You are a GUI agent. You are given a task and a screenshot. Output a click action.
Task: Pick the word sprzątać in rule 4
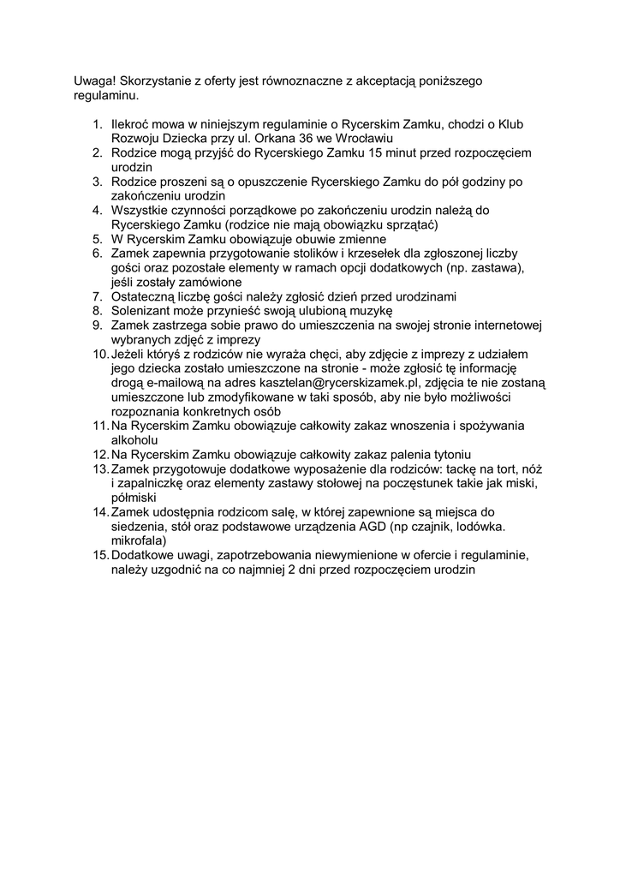pos(412,224)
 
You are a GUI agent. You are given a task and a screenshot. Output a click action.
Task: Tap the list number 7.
pos(98,296)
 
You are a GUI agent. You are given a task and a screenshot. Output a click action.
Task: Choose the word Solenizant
pos(144,311)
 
